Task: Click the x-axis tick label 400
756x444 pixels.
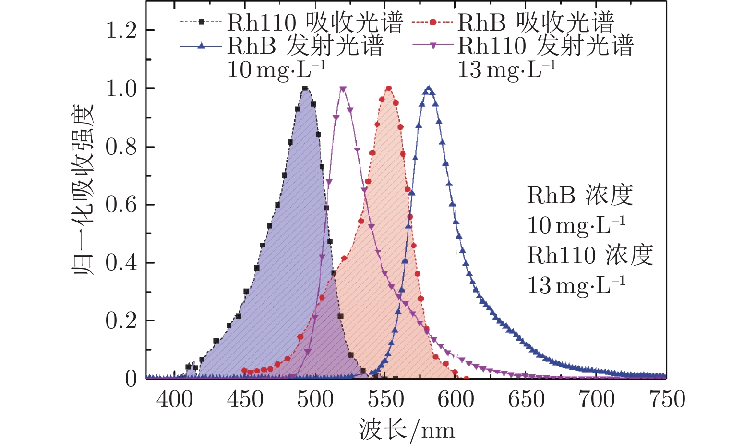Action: (175, 399)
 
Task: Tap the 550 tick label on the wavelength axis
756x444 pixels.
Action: (386, 399)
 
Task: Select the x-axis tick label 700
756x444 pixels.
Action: (597, 399)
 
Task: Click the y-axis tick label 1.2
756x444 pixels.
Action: (121, 31)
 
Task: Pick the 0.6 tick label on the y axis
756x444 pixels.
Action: (121, 205)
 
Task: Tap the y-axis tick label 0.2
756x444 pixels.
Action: (121, 321)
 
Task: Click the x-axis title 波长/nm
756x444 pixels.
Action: (406, 430)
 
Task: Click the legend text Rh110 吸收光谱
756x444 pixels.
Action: (315, 22)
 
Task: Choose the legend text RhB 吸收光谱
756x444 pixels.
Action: (535, 22)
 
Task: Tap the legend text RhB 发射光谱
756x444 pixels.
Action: (305, 46)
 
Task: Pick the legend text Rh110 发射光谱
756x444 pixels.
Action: (545, 46)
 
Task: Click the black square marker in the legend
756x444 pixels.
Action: (202, 22)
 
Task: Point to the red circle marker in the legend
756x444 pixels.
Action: (433, 22)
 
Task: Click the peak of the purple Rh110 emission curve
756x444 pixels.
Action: (343, 89)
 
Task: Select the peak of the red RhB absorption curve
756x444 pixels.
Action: (388, 88)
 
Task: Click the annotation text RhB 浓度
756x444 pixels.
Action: (580, 195)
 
